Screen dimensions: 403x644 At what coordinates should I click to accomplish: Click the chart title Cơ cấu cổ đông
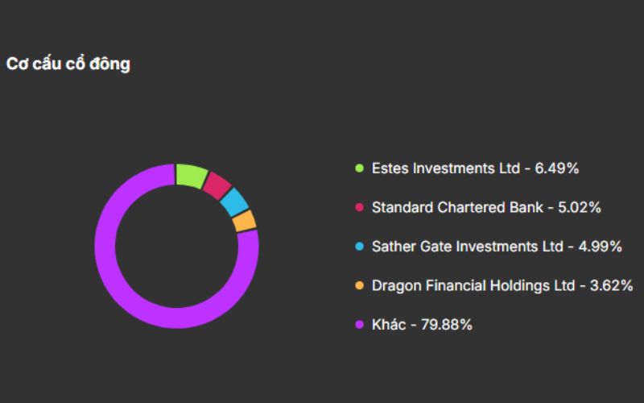point(68,64)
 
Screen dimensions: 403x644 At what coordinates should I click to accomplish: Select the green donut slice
point(191,175)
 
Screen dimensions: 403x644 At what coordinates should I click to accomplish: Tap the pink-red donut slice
point(217,185)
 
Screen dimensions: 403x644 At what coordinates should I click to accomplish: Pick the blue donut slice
point(234,202)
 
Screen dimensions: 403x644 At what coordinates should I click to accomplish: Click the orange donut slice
point(245,221)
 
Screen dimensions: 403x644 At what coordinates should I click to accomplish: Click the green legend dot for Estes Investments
point(359,168)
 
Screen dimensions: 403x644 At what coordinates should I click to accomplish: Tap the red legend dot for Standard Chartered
point(359,207)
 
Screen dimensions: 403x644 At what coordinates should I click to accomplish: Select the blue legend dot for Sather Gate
point(359,247)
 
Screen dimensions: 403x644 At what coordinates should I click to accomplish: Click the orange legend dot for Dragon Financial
point(359,285)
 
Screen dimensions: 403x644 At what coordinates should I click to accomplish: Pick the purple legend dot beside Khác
point(359,325)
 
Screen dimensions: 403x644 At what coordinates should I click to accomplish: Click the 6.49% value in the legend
point(557,168)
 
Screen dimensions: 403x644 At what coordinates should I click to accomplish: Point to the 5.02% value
point(580,207)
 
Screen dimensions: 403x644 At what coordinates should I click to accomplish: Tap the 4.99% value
point(601,247)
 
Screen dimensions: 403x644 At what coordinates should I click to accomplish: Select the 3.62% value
point(612,285)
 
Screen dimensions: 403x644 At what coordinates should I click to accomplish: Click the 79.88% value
point(447,325)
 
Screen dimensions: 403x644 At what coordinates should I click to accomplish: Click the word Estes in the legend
point(390,168)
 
